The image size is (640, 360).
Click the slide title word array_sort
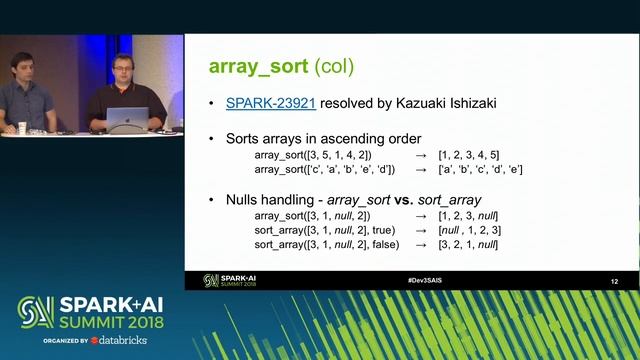coord(258,67)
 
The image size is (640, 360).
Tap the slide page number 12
coord(614,282)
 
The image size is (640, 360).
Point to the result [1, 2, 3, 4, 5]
coord(468,155)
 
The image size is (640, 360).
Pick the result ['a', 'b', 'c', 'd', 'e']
coord(480,169)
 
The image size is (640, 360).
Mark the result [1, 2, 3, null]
coord(468,216)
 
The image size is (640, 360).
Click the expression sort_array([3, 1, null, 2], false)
coord(329,244)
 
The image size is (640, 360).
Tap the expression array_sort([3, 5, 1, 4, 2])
coord(313,155)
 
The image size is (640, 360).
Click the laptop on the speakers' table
coord(128,118)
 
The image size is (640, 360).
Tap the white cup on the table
coord(22,127)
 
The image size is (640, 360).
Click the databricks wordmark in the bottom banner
coord(125,340)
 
